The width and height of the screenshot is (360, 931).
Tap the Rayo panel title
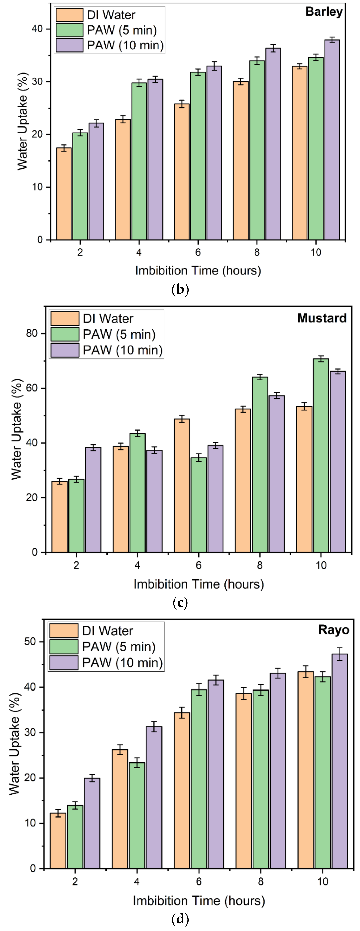click(333, 630)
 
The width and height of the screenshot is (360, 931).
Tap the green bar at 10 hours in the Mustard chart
click(321, 455)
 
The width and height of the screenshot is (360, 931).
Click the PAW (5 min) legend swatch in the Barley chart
click(69, 30)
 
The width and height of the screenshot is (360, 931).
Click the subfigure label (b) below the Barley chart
click(180, 289)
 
